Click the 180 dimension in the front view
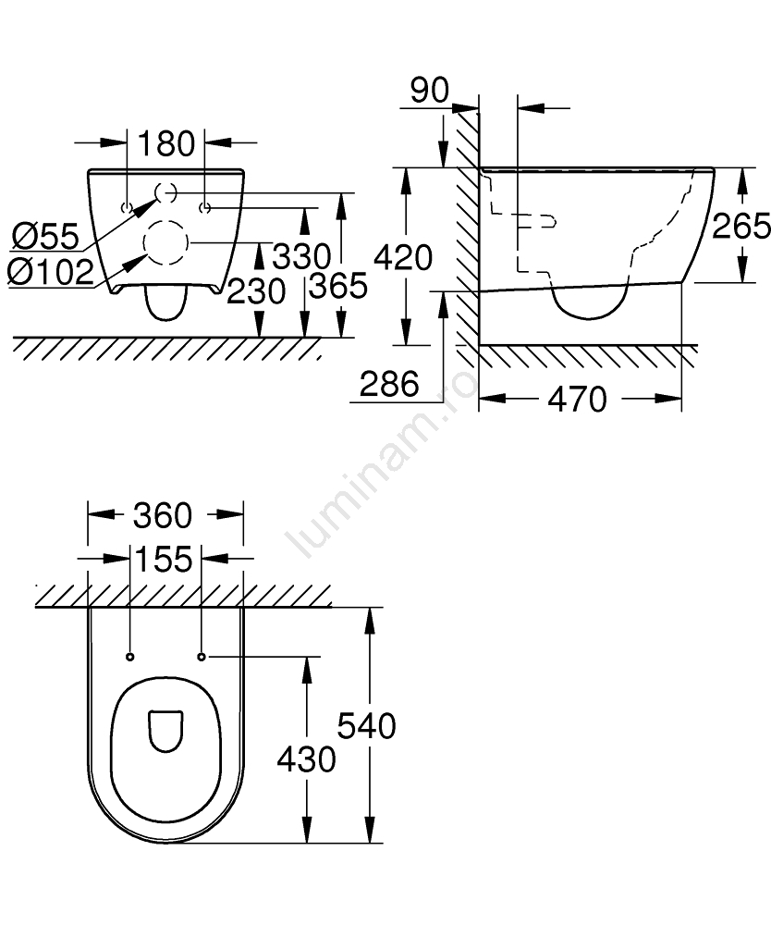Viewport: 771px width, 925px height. (165, 143)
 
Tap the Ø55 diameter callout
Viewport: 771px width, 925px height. (45, 237)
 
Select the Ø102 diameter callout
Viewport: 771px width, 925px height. (51, 272)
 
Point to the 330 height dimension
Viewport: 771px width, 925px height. (301, 256)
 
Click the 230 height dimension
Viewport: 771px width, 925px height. (256, 290)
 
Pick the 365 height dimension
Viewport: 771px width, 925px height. (338, 286)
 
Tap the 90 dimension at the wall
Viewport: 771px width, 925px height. (430, 91)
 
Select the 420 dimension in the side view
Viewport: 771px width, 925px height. (403, 258)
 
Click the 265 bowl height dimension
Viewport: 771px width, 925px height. (741, 226)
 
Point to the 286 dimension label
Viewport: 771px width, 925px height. (389, 384)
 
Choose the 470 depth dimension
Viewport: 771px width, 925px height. (577, 400)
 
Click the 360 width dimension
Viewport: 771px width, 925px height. (163, 515)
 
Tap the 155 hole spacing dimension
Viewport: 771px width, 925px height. (164, 559)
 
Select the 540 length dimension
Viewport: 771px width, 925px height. (367, 725)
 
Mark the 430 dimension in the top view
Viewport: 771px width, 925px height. (307, 758)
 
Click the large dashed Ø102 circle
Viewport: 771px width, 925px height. (166, 242)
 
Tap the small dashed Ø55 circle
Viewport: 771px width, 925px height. (165, 192)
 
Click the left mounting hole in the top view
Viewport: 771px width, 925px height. (130, 657)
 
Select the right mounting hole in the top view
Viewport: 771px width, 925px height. (202, 657)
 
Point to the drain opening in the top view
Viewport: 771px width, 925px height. (165, 731)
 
